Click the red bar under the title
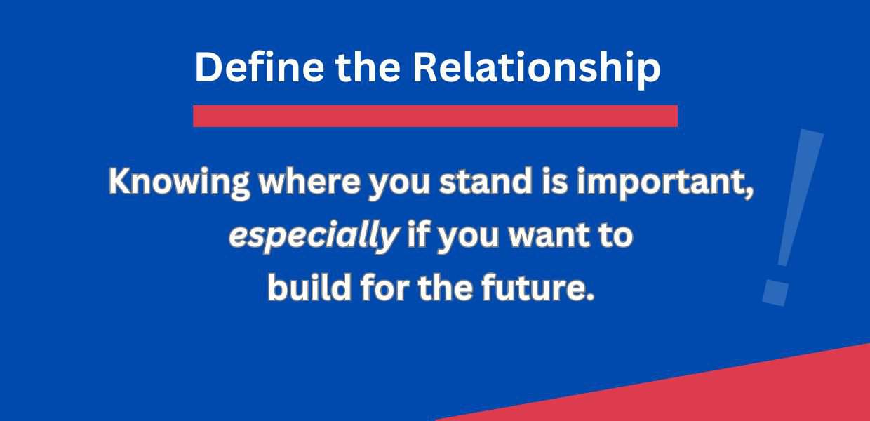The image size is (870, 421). [435, 116]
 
